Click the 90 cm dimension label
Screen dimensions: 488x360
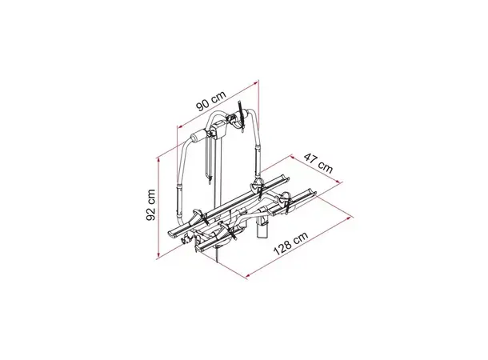click(x=210, y=100)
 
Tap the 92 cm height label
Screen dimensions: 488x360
click(x=151, y=205)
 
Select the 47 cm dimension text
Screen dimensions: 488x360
click(x=318, y=162)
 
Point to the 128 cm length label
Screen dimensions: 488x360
click(x=290, y=244)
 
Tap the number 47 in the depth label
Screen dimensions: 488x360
click(x=311, y=158)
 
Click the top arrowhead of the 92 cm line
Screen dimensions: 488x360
click(x=158, y=158)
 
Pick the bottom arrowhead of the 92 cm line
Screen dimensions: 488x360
click(x=158, y=256)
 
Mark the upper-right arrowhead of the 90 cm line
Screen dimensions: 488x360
click(x=256, y=82)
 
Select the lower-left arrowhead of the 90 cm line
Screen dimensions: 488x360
click(x=179, y=126)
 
